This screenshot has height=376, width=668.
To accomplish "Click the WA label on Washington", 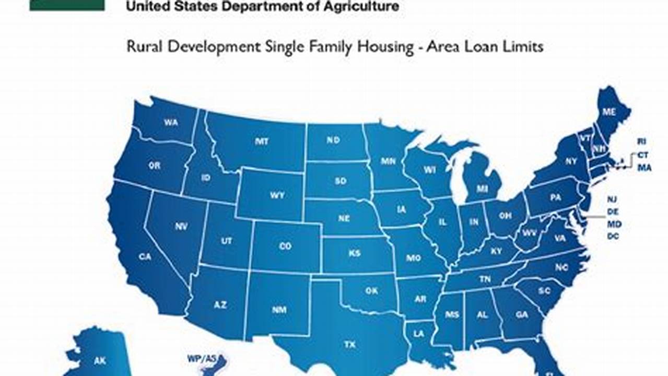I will pyautogui.click(x=171, y=122).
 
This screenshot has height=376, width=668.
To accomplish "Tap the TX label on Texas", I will pyautogui.click(x=349, y=344).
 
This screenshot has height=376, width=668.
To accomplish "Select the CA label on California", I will pyautogui.click(x=145, y=256).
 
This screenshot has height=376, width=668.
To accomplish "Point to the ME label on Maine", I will pyautogui.click(x=609, y=112).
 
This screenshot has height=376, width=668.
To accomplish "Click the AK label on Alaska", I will pyautogui.click(x=100, y=360).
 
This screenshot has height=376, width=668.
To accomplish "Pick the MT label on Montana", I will pyautogui.click(x=262, y=141).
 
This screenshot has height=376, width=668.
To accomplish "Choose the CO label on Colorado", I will pyautogui.click(x=285, y=246).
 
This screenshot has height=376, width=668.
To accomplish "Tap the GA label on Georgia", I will pyautogui.click(x=521, y=315).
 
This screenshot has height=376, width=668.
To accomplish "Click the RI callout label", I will pyautogui.click(x=642, y=142).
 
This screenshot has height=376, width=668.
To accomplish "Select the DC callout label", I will pyautogui.click(x=613, y=237).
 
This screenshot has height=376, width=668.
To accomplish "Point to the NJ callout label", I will pyautogui.click(x=612, y=199).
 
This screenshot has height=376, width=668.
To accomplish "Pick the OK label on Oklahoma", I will pyautogui.click(x=371, y=291).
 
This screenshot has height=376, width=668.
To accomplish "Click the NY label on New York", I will pyautogui.click(x=571, y=162).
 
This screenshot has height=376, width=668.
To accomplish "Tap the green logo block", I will pyautogui.click(x=67, y=5).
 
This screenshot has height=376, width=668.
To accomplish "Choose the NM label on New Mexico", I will pyautogui.click(x=279, y=309).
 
